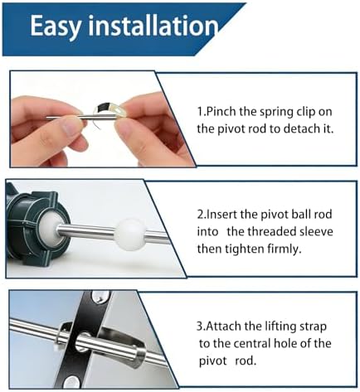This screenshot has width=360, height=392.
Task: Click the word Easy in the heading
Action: (56, 27)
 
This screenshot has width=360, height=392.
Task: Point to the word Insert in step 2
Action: (221, 215)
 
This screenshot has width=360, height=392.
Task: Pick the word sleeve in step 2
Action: (314, 231)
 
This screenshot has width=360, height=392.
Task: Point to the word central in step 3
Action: (251, 343)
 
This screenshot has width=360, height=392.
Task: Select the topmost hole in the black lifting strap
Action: (100, 297)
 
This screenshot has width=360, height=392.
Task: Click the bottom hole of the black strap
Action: (71, 382)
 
